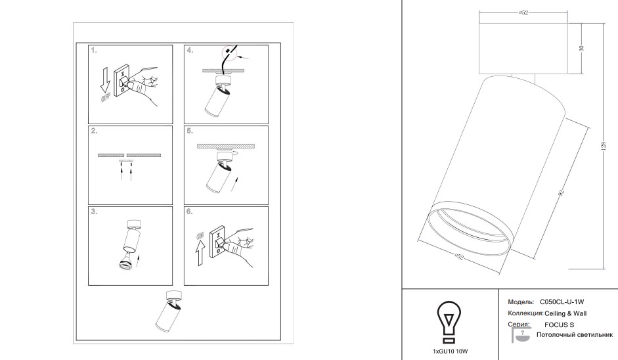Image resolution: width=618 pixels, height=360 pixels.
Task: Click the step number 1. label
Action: coord(94,51)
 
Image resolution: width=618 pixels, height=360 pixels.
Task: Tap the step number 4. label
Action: coord(190,51)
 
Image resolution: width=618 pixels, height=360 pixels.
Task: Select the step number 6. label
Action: coord(190,212)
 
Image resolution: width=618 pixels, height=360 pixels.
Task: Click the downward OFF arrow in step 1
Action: coord(105,79)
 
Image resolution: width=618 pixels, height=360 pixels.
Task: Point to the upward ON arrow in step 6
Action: coord(200,252)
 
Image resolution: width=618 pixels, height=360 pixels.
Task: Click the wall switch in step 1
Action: coord(121,81)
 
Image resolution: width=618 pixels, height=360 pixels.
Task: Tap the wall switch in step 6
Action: coord(217,242)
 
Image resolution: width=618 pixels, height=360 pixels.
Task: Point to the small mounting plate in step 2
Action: coord(126,160)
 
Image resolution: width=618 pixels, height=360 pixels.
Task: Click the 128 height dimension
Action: coord(603,146)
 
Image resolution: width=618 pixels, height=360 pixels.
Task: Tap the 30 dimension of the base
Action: coord(581,49)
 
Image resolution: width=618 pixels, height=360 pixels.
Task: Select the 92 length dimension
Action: coord(562,192)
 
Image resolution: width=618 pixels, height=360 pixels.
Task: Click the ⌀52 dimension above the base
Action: coord(523,12)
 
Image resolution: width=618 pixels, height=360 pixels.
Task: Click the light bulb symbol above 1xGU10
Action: coord(449,322)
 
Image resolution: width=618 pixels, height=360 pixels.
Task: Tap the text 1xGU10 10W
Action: coord(450,351)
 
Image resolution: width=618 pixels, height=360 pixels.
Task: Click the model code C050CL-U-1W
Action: coord(562,302)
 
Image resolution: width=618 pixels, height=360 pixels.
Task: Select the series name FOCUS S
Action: coord(560,325)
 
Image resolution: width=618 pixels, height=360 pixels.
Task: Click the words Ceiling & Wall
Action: coord(565,313)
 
